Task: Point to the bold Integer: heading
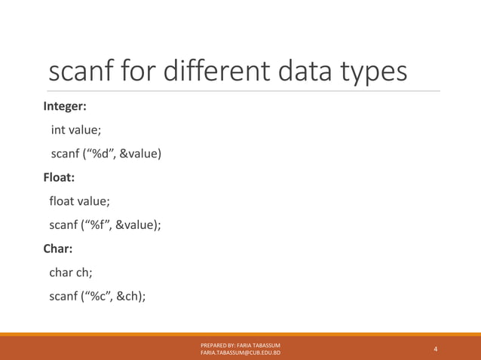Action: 65,106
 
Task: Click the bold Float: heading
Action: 59,178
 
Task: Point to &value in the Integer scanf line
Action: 138,154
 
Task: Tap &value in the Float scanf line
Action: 134,225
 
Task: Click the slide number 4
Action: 436,349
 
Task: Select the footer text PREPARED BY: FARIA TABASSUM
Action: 240,344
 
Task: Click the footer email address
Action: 240,352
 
